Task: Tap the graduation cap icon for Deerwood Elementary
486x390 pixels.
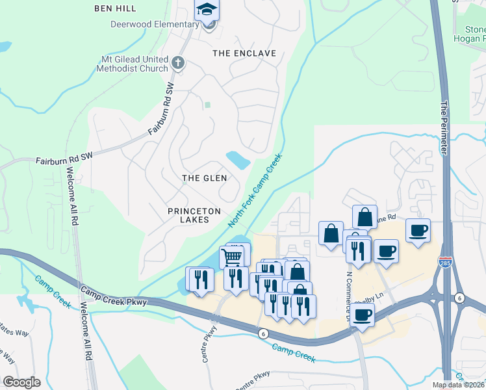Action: coord(207,9)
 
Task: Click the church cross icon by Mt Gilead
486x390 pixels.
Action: coord(177,64)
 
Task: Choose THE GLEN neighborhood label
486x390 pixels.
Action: coord(204,177)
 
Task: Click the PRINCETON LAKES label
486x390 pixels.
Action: coord(194,215)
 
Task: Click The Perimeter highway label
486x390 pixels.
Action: coord(445,127)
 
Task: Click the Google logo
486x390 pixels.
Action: coord(21,382)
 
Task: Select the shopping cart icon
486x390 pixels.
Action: coord(233,257)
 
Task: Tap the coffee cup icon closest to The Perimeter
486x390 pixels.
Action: coord(418,230)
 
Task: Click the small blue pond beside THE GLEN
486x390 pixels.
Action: coord(237,159)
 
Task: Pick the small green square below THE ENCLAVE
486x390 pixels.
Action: coord(207,105)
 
